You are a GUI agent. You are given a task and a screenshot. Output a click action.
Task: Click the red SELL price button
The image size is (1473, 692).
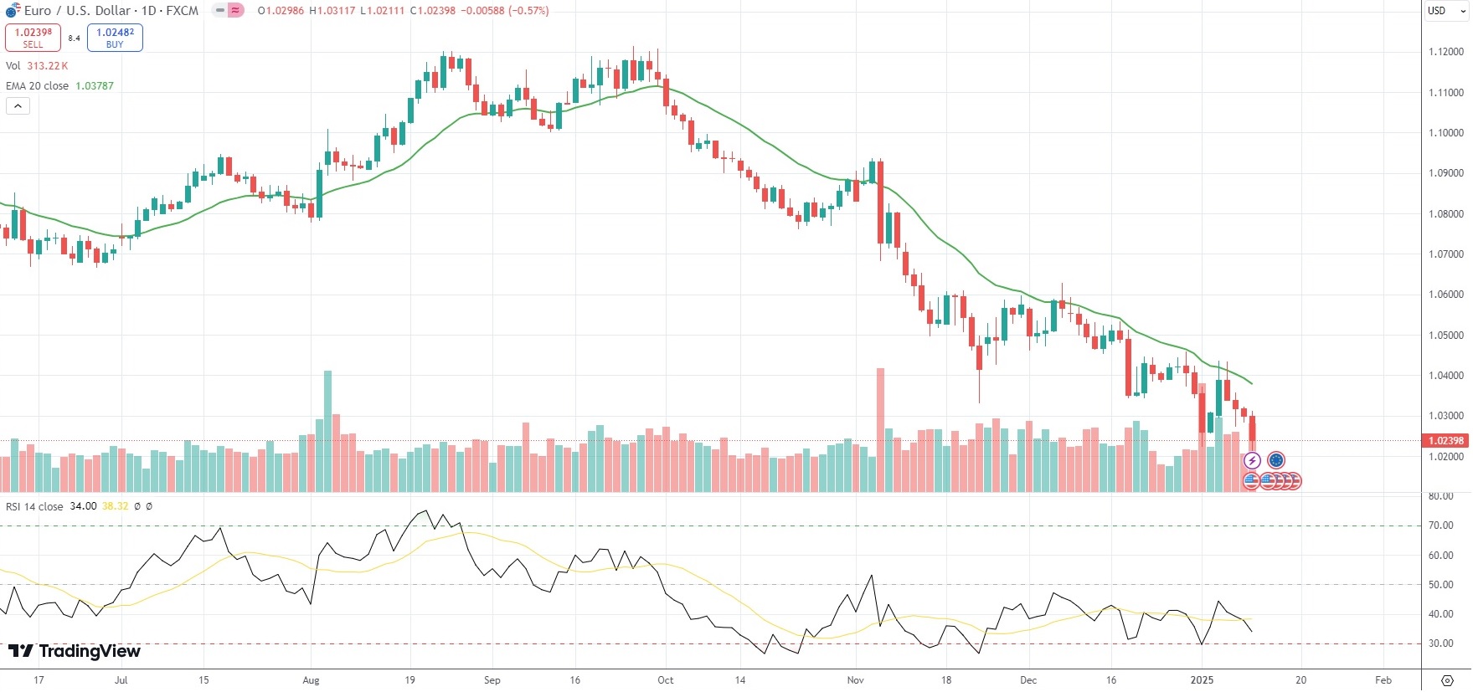[x=33, y=38]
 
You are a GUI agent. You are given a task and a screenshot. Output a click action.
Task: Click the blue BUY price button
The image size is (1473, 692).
[x=115, y=38]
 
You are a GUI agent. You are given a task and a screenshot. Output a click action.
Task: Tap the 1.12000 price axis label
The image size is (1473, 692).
[x=1446, y=52]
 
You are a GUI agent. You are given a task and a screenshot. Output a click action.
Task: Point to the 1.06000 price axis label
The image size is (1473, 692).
[x=1446, y=295]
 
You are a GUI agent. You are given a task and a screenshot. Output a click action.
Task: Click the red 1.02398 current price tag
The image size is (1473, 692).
[x=1445, y=441]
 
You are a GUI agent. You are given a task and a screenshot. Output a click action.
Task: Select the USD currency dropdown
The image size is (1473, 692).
[x=1446, y=11]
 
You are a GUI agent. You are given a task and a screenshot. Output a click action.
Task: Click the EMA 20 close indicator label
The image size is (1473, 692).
[x=37, y=86]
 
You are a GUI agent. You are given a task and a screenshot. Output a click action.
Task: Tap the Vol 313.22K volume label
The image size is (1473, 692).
[x=37, y=66]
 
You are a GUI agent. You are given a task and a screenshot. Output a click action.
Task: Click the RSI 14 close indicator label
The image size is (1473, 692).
[x=34, y=506]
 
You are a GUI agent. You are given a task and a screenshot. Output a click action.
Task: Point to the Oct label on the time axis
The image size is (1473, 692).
[x=666, y=680]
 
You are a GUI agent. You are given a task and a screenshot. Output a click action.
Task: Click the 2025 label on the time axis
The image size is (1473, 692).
[x=1202, y=680]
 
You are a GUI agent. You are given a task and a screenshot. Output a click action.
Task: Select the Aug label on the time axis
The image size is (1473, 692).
[x=311, y=680]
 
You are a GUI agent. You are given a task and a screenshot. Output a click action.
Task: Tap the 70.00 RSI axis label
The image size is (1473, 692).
[x=1440, y=525]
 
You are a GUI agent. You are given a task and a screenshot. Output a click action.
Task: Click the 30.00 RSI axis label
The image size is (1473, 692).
[x=1440, y=643]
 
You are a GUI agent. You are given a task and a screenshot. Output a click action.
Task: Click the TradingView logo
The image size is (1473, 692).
[x=75, y=651]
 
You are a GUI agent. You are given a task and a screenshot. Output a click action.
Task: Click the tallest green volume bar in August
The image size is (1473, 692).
[x=327, y=431]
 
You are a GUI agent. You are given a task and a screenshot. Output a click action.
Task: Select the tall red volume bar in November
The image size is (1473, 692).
[x=880, y=429]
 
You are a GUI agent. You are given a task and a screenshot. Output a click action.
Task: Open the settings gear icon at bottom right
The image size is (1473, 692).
[x=1447, y=680]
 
